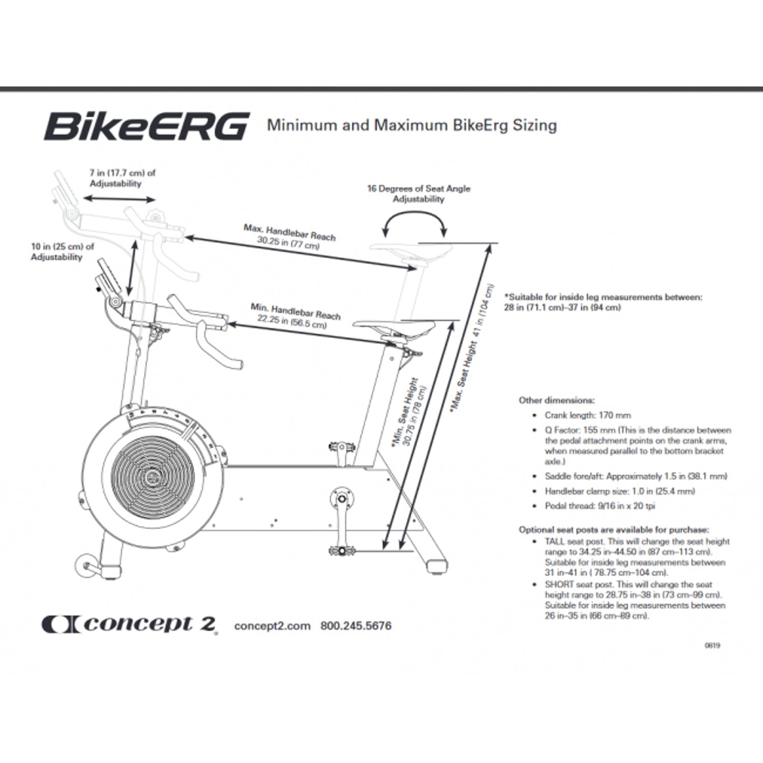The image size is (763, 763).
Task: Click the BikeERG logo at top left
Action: (x=146, y=126)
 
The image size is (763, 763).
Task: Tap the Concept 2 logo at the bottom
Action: (x=130, y=625)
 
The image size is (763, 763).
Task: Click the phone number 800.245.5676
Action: (x=356, y=626)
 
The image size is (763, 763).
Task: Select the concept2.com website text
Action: (x=272, y=626)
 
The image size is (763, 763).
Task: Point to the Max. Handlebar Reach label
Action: (x=289, y=237)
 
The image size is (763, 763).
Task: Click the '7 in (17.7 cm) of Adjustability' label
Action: (x=122, y=178)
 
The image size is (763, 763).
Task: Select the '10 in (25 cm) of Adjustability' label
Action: (x=62, y=252)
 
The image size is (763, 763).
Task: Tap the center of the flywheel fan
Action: (x=153, y=477)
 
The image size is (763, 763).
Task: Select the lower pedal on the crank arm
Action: (x=342, y=551)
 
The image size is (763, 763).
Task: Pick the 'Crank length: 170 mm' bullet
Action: (x=588, y=415)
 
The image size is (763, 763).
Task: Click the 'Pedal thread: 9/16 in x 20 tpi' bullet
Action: (x=600, y=506)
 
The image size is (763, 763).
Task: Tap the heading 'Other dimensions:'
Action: (x=556, y=400)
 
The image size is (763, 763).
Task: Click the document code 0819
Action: (x=712, y=645)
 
